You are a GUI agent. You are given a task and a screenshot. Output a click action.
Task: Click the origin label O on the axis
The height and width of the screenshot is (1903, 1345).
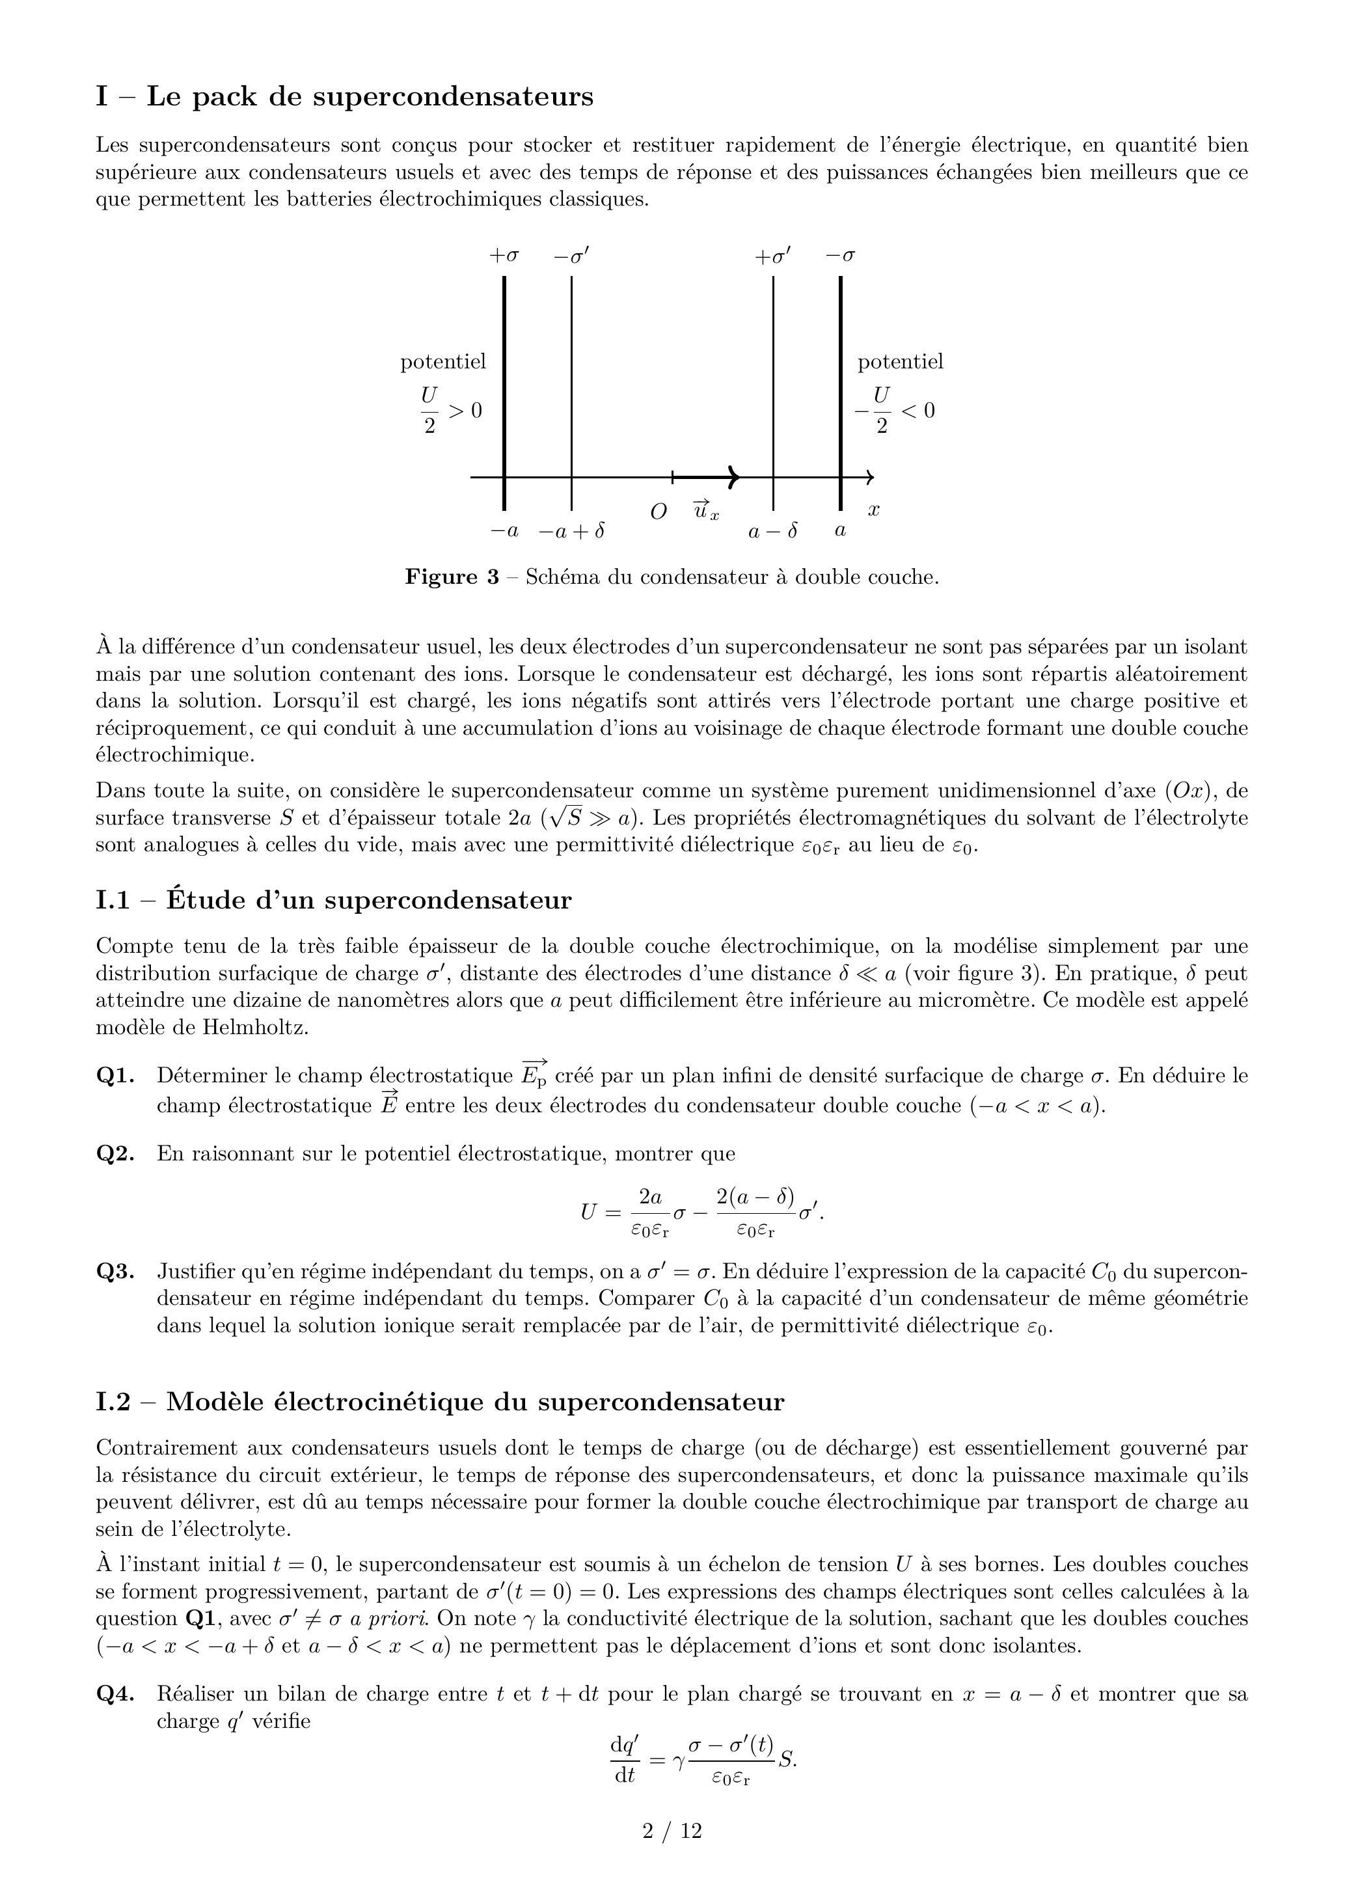659,512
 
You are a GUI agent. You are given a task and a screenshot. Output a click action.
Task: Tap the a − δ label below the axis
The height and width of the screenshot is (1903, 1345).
772,531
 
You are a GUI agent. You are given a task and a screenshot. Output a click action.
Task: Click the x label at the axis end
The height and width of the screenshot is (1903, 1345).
873,510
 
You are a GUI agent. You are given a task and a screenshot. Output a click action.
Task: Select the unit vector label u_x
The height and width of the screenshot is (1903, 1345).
706,510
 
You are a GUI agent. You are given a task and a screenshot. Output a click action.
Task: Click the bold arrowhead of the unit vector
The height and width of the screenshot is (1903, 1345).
733,478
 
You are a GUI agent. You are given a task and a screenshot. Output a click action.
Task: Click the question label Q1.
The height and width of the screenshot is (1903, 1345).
115,1076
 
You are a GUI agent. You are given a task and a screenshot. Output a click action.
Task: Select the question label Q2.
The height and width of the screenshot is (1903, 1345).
115,1154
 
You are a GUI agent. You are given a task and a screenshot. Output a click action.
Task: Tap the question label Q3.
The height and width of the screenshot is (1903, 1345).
115,1272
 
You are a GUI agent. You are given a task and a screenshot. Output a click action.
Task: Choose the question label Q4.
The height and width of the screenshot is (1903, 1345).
115,1694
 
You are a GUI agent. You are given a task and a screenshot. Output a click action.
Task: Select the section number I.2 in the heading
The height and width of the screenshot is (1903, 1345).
113,1402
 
